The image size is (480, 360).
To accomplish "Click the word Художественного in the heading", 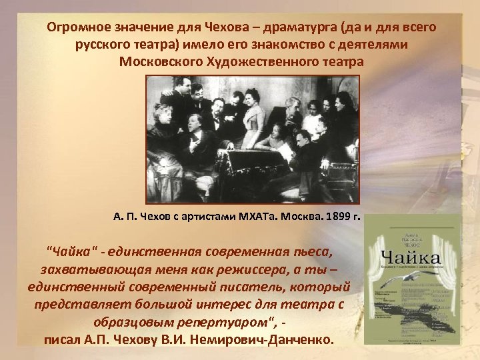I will pyautogui.click(x=266, y=62).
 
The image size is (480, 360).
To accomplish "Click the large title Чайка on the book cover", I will pyautogui.click(x=411, y=257).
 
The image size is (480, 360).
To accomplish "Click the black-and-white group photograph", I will pyautogui.click(x=252, y=139).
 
